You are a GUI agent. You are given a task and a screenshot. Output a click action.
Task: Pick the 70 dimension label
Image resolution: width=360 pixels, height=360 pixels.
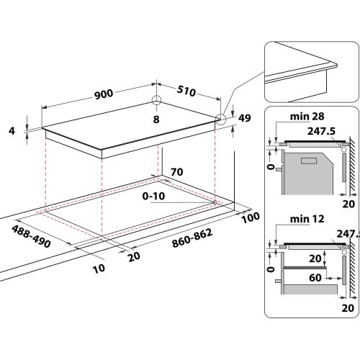pyautogui.click(x=176, y=173)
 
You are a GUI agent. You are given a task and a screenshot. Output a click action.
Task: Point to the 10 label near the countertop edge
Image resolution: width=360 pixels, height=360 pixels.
pyautogui.click(x=99, y=268)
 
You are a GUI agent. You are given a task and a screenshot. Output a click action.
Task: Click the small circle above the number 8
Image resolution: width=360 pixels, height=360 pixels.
pyautogui.click(x=156, y=102)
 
